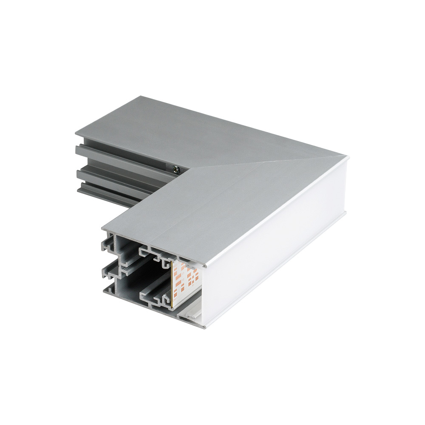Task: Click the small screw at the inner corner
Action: [x=175, y=169]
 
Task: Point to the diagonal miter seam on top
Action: [x=263, y=163]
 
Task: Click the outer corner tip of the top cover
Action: [x=347, y=157]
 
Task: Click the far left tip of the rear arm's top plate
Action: [x=76, y=134]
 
